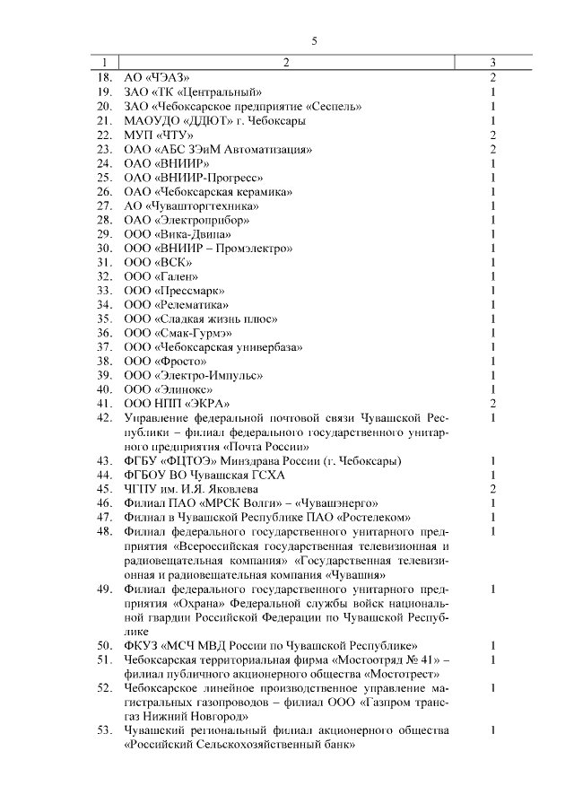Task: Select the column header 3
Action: (493, 63)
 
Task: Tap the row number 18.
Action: (104, 78)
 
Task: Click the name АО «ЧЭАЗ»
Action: (157, 78)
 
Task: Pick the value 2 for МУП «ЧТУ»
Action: (493, 135)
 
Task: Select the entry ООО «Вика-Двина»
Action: (171, 234)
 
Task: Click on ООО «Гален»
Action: (161, 276)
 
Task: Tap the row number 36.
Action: (104, 333)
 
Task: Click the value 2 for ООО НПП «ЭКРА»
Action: (493, 404)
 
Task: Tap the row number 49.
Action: (104, 589)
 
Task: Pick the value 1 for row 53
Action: (493, 730)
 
